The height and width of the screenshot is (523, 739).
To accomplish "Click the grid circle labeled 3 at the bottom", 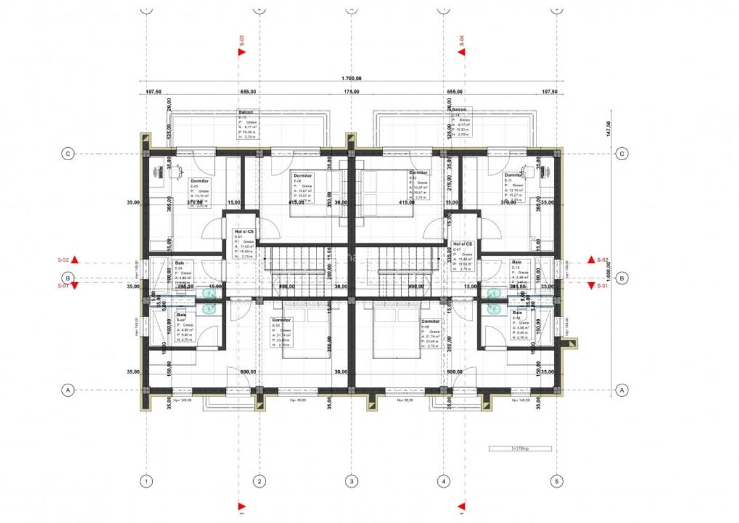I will [351, 481].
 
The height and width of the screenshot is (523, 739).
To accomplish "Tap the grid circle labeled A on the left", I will [68, 389].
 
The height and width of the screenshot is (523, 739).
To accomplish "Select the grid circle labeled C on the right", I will [622, 153].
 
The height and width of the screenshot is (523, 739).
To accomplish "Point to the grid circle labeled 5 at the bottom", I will [556, 481].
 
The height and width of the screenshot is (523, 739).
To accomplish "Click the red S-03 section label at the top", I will [242, 42].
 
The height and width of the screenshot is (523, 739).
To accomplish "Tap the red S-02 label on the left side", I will [63, 260].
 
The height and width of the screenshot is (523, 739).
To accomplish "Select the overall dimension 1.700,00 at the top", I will [351, 78].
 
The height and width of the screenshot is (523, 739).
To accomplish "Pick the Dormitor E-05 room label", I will [200, 181].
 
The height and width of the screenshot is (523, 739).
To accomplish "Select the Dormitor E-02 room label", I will [281, 320].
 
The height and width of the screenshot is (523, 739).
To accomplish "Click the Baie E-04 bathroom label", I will [179, 262].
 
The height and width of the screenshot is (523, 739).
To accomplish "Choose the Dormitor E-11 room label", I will [513, 175].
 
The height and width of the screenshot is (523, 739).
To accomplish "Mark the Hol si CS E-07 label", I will [462, 244].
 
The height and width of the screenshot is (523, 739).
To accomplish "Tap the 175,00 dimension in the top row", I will [352, 91].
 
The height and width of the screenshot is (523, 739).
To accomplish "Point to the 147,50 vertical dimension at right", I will [608, 128].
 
